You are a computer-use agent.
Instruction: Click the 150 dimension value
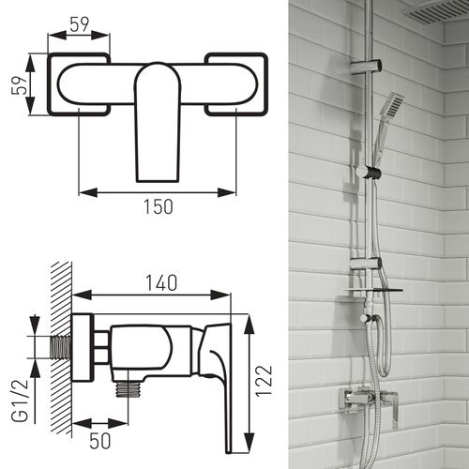pos(158,208)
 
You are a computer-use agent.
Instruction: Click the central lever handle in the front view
pos(157,117)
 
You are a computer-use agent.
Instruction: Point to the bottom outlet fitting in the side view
pos(125,386)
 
